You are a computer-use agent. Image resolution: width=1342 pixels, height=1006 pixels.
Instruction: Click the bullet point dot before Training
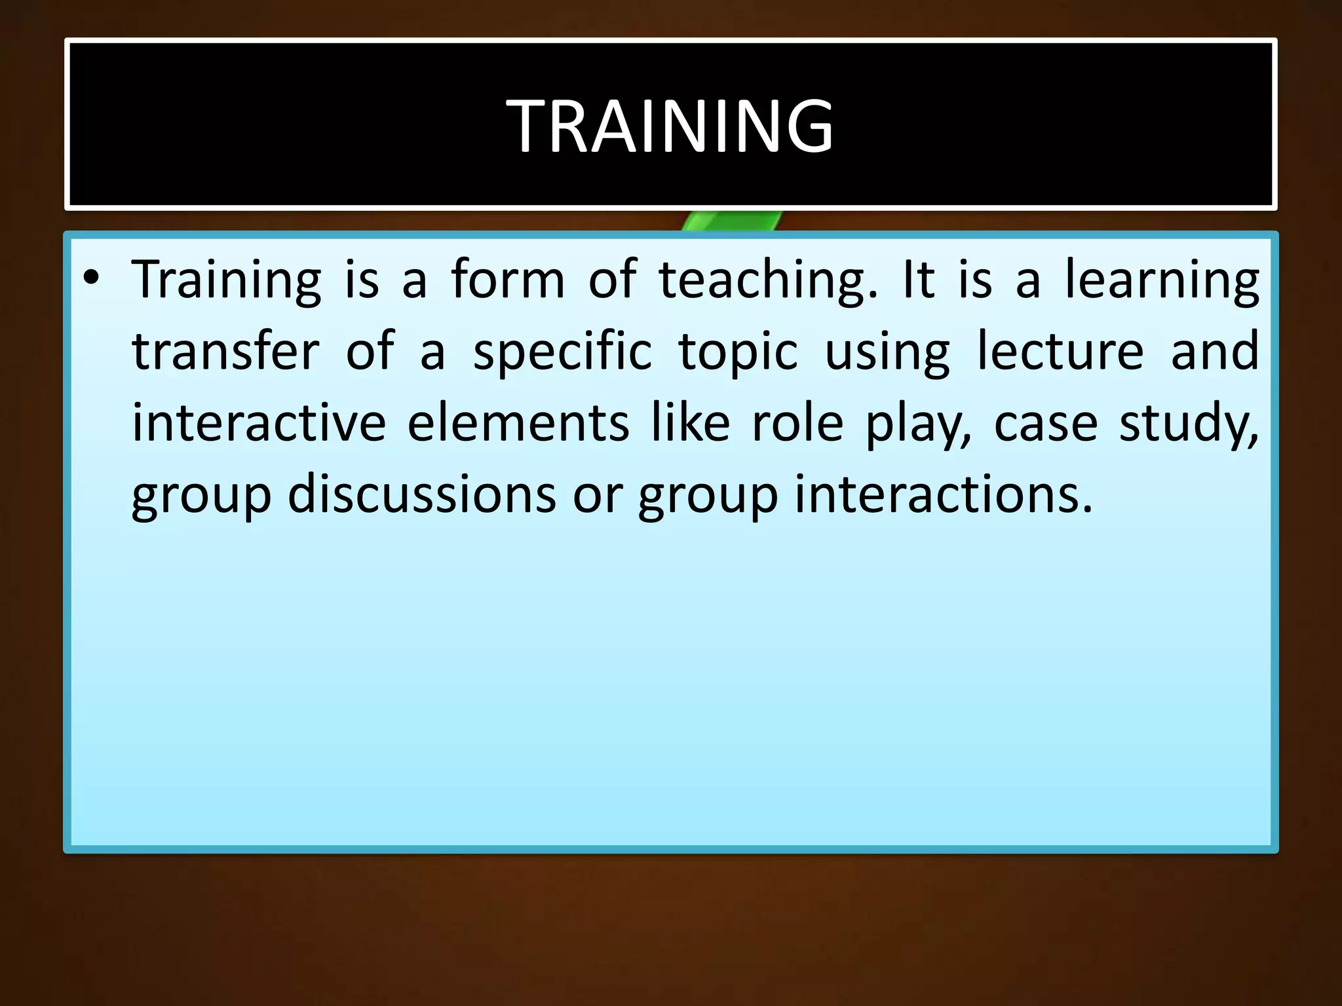(91, 278)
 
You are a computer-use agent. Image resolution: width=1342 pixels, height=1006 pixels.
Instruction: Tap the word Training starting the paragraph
(226, 280)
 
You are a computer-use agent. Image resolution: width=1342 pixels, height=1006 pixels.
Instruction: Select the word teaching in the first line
(767, 280)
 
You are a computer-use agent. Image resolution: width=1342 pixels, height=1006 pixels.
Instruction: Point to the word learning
(1160, 280)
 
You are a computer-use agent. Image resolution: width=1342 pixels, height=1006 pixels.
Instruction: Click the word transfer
(225, 351)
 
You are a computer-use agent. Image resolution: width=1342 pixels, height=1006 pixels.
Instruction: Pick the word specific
(562, 352)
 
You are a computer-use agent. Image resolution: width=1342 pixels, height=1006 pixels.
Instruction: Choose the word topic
(738, 352)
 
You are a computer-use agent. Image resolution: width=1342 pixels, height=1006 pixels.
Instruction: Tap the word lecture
(1060, 351)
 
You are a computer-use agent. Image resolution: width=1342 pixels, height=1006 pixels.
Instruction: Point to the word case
(1045, 424)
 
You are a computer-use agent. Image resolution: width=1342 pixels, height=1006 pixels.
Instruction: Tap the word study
(1188, 424)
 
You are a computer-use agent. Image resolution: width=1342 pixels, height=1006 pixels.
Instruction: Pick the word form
(507, 280)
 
